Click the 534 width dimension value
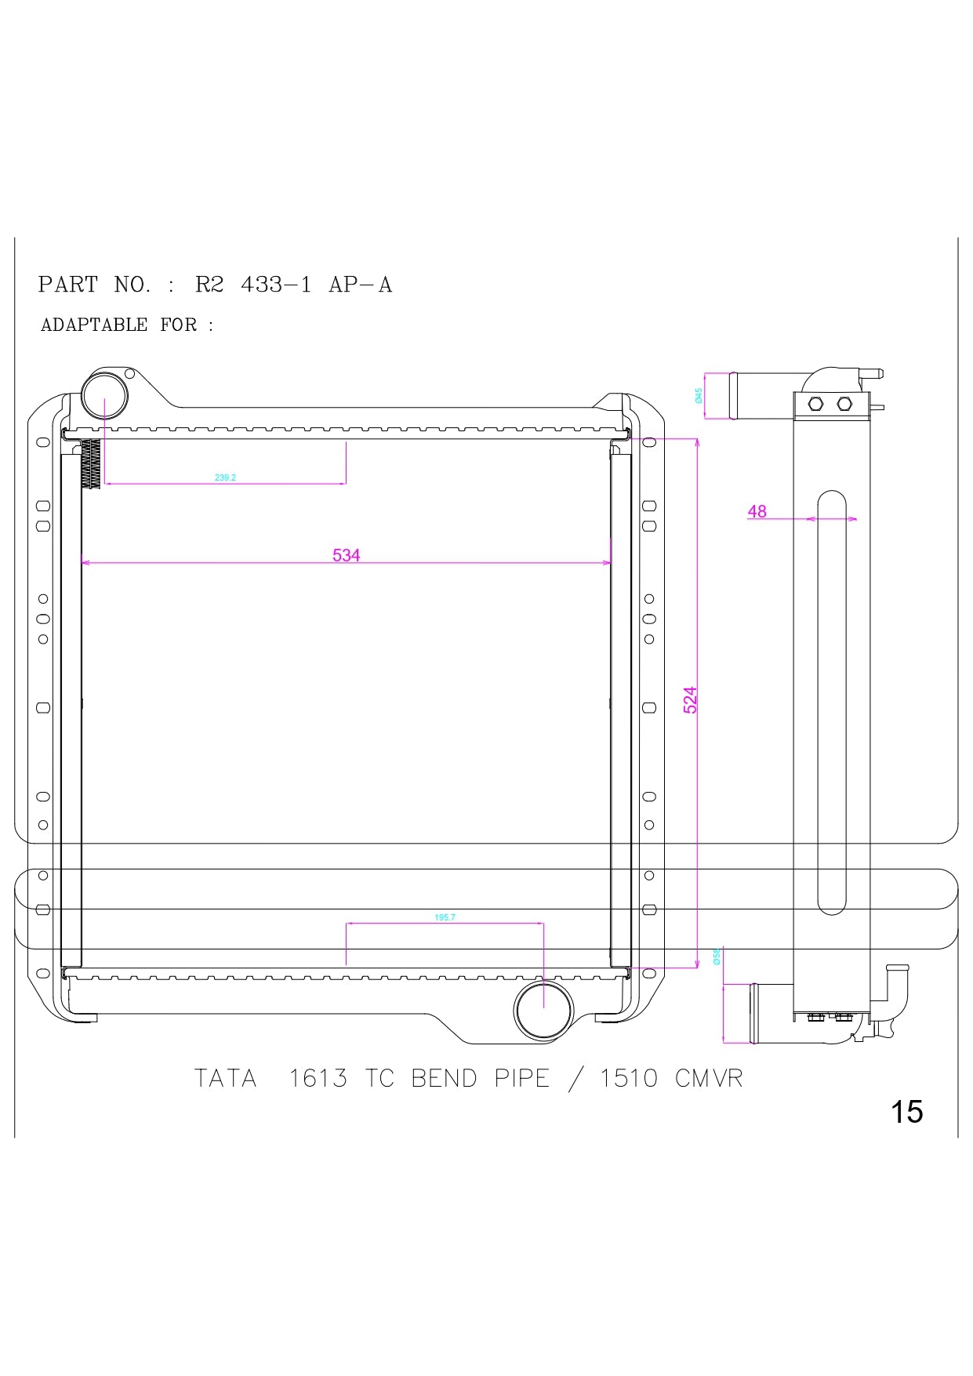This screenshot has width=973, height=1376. (x=346, y=555)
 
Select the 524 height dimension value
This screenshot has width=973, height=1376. (x=690, y=699)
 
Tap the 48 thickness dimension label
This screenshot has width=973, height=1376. (x=757, y=511)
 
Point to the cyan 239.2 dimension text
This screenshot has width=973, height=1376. (x=225, y=477)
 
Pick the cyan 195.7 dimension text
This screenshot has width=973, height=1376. (x=445, y=917)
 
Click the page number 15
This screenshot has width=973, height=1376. (x=906, y=1112)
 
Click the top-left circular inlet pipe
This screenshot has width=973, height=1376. (x=104, y=396)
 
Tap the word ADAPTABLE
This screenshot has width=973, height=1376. (x=94, y=325)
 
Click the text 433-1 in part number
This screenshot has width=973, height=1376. (x=275, y=285)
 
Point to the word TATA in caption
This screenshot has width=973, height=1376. (x=226, y=1079)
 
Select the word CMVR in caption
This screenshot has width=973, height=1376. (x=709, y=1079)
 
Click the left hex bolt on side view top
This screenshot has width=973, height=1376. (x=815, y=404)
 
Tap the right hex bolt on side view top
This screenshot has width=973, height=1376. (x=844, y=404)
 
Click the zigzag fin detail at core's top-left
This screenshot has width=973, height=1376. (x=92, y=463)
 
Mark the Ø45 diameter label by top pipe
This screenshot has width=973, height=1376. (x=699, y=396)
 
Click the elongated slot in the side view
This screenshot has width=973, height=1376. (x=831, y=702)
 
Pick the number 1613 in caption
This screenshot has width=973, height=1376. (x=318, y=1079)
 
